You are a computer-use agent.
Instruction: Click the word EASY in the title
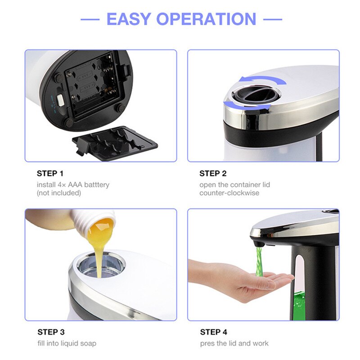click(128, 19)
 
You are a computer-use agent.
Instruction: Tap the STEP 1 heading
click(50, 173)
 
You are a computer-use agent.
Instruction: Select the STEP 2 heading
click(213, 173)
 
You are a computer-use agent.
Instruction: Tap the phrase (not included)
click(59, 193)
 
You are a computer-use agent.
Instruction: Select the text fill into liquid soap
click(67, 343)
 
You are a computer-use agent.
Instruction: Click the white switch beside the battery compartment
click(60, 100)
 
